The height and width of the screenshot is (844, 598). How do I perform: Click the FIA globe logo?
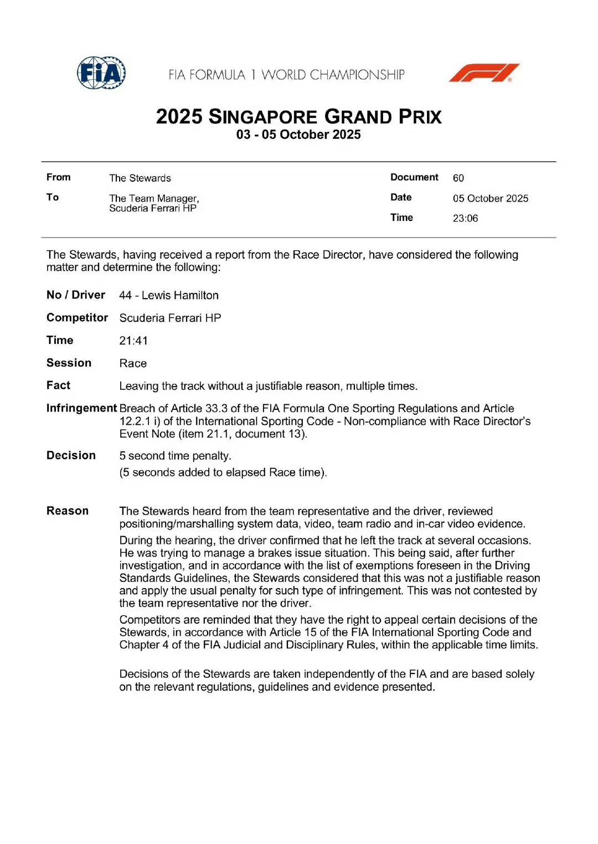(x=101, y=73)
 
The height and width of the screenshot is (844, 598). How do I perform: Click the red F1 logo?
(x=483, y=73)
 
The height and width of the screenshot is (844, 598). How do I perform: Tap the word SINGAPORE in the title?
(x=262, y=117)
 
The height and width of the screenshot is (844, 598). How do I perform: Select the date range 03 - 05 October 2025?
(x=298, y=135)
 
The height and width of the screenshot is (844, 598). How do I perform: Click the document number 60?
(x=458, y=178)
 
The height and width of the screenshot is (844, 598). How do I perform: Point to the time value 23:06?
(x=465, y=218)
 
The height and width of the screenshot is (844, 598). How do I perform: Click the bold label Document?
(x=414, y=177)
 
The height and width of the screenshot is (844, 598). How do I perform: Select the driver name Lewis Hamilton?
(x=180, y=295)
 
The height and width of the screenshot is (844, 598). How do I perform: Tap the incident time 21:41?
(x=133, y=341)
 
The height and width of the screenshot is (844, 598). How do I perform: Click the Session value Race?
(x=133, y=363)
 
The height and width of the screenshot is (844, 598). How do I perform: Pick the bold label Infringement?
(x=81, y=408)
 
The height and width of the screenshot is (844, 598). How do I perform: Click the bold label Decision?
(x=71, y=455)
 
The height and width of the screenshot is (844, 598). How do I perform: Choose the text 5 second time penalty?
(x=175, y=456)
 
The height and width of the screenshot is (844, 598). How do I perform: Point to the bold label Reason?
(x=68, y=511)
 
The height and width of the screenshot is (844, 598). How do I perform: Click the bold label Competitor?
(x=77, y=317)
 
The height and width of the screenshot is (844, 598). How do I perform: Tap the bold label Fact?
(x=58, y=385)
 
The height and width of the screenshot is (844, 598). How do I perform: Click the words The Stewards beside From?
(x=140, y=178)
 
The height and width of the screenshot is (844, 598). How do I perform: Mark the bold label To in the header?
(x=53, y=197)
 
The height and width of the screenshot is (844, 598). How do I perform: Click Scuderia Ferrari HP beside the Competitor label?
(x=170, y=318)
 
